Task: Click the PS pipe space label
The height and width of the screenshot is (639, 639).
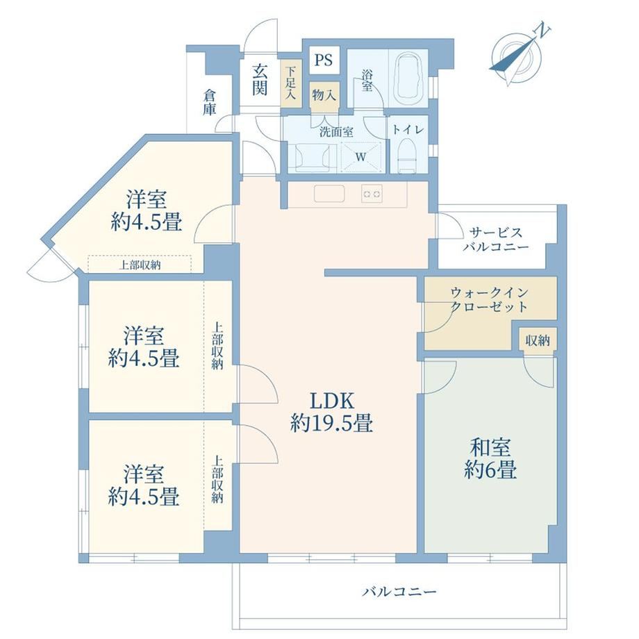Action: (x=324, y=60)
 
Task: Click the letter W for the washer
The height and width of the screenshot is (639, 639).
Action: (x=360, y=157)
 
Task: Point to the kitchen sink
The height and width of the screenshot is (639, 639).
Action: (x=329, y=194)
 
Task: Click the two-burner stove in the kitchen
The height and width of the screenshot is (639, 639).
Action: (x=372, y=194)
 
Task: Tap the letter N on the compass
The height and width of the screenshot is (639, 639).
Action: (x=542, y=31)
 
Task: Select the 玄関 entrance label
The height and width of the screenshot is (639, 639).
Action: (x=259, y=80)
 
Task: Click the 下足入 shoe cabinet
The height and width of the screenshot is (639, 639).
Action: (x=290, y=83)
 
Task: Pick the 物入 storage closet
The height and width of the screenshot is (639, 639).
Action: (x=324, y=96)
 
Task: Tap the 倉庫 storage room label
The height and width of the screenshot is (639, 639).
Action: (x=210, y=102)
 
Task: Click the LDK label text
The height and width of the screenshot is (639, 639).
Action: (x=332, y=401)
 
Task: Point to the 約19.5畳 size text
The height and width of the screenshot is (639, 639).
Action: (x=332, y=423)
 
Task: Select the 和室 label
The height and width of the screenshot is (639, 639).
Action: (x=490, y=448)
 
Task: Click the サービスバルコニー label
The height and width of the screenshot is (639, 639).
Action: (x=495, y=240)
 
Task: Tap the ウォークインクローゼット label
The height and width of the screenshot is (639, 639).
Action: (x=489, y=299)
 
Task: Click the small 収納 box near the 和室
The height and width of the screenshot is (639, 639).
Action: (x=538, y=340)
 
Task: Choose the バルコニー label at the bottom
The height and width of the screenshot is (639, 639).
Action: (x=399, y=591)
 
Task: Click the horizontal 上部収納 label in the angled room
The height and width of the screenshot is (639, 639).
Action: (x=140, y=265)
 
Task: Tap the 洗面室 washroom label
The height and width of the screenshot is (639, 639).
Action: (x=336, y=132)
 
